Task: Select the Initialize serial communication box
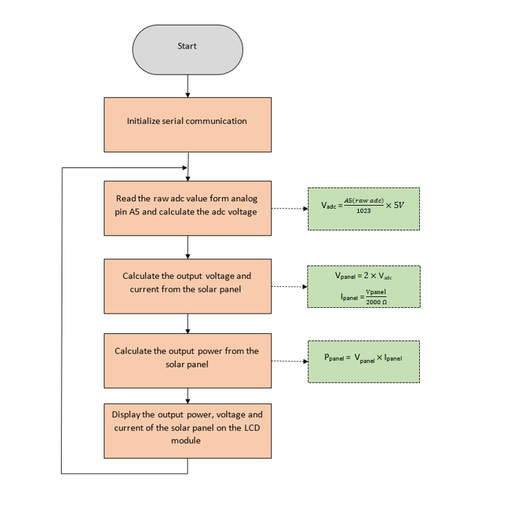187,125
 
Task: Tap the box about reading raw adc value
187,208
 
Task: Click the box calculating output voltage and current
187,286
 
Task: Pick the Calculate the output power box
187,360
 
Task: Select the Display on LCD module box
187,430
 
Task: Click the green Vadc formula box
363,209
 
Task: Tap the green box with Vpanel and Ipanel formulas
363,286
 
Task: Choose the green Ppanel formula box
363,361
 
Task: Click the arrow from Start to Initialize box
188,85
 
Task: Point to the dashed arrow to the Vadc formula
289,209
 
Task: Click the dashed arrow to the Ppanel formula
289,361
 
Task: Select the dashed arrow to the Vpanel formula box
289,286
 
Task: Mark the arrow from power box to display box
188,396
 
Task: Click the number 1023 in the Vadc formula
365,212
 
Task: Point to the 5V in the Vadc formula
398,205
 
